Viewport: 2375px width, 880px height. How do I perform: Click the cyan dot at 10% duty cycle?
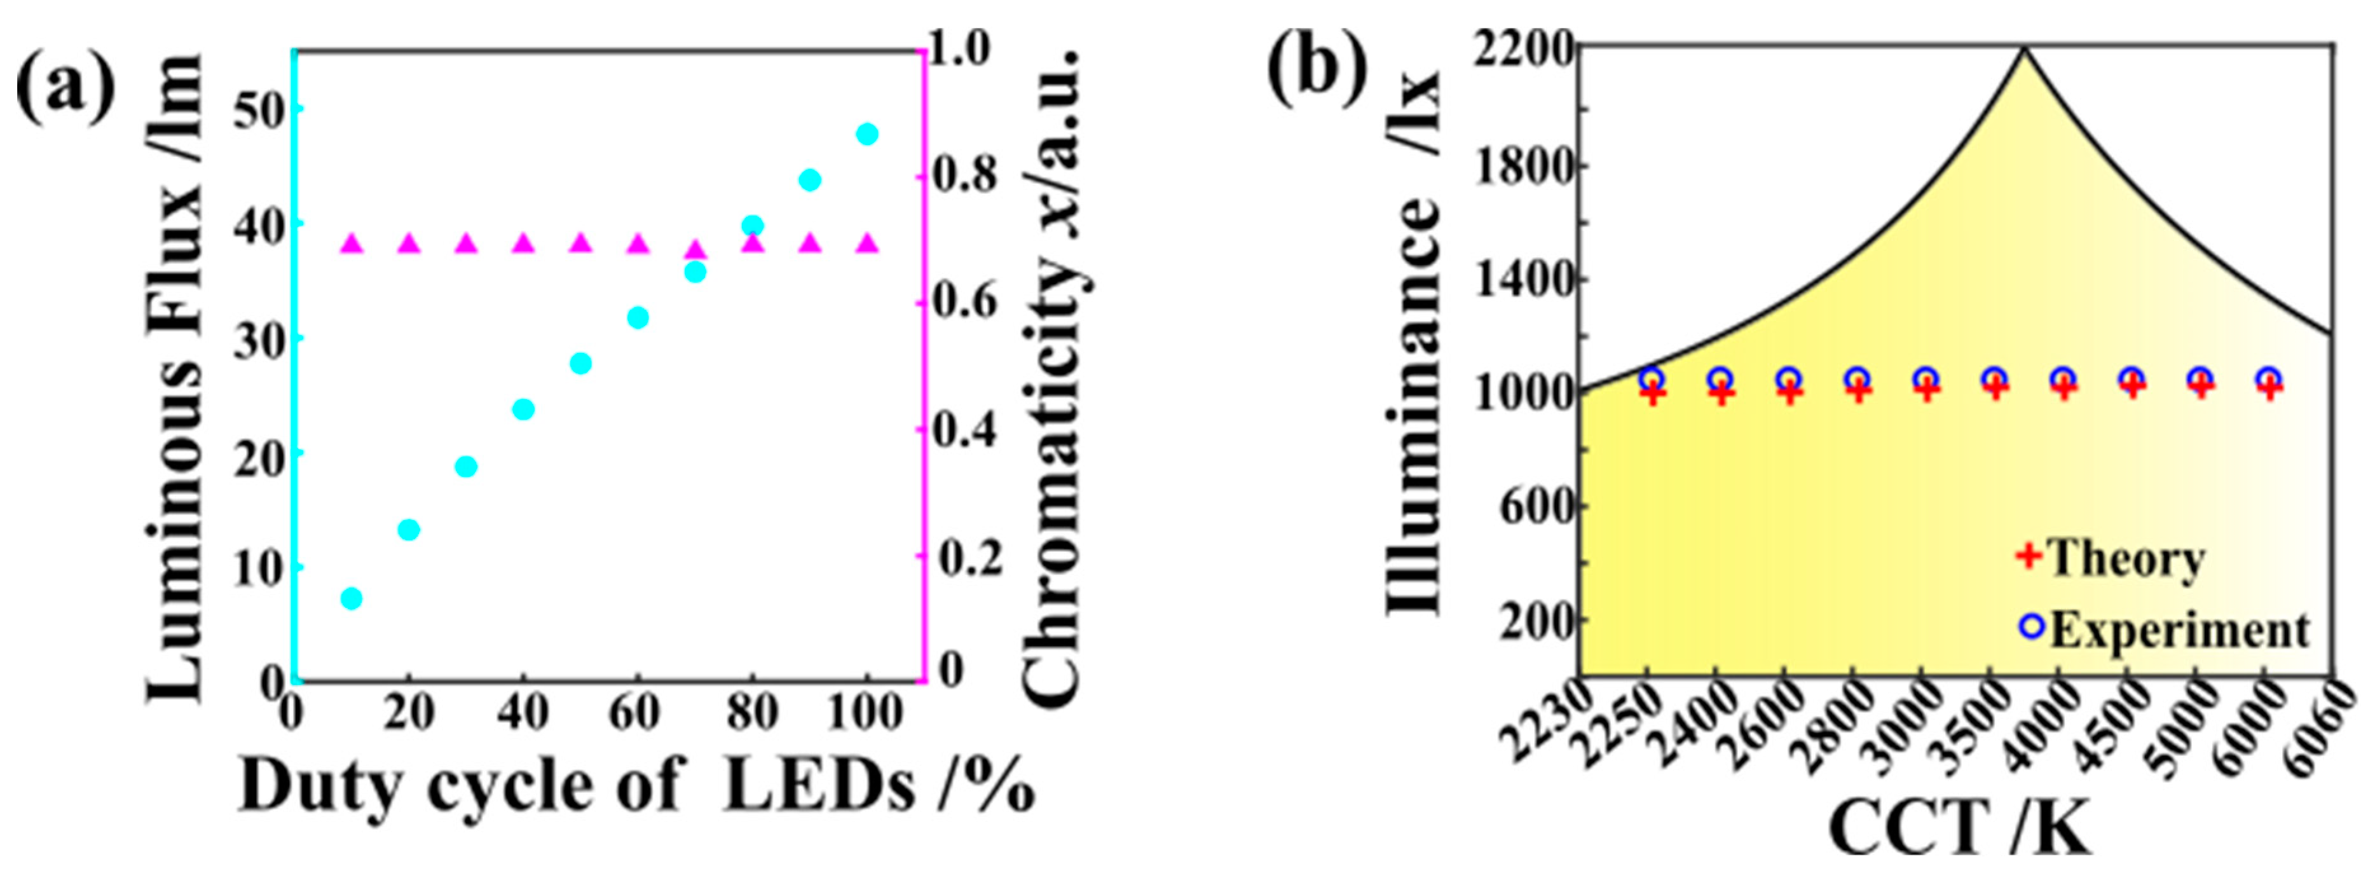point(350,599)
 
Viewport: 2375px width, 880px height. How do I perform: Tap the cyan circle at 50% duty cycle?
point(580,364)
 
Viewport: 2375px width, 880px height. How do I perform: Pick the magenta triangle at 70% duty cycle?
point(695,250)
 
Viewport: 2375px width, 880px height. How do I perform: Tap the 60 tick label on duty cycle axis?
point(636,712)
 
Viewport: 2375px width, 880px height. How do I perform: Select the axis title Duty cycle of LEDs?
point(636,786)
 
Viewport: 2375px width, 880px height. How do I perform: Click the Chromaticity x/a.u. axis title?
point(1051,378)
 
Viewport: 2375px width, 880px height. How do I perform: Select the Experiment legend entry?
point(2162,630)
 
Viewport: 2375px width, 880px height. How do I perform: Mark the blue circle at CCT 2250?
point(1652,378)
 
